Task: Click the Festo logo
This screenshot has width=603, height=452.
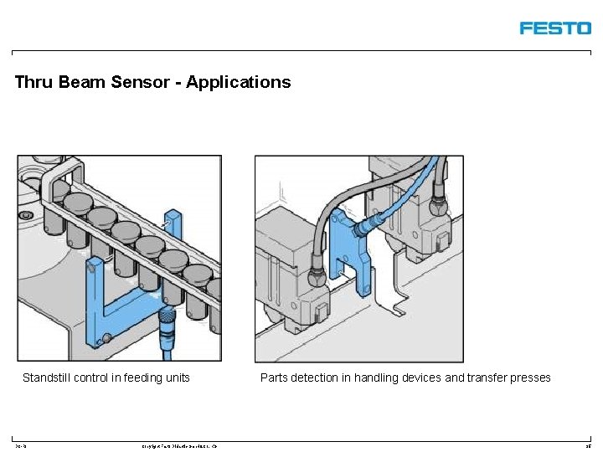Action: pyautogui.click(x=554, y=28)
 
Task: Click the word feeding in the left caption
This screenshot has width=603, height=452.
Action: pyautogui.click(x=139, y=378)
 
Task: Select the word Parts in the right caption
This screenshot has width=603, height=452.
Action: pyautogui.click(x=274, y=378)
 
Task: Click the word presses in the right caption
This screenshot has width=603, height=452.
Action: pyautogui.click(x=530, y=378)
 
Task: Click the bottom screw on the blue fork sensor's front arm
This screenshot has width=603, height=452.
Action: pyautogui.click(x=106, y=339)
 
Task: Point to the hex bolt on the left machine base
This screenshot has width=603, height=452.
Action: pyautogui.click(x=27, y=216)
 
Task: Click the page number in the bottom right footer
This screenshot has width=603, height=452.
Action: pyautogui.click(x=589, y=446)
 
